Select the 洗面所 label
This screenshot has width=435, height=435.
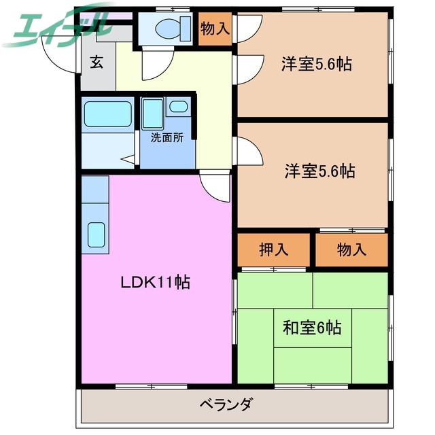coord(167,137)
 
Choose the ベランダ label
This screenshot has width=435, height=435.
coord(226,404)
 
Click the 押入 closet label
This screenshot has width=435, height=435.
coord(274,249)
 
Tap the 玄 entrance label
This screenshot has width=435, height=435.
coord(97,63)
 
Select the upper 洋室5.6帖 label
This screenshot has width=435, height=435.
coord(317,65)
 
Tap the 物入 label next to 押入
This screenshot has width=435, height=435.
coord(351,249)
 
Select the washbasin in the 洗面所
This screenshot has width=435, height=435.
coord(179,107)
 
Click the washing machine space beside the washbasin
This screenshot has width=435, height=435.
coord(153,114)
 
